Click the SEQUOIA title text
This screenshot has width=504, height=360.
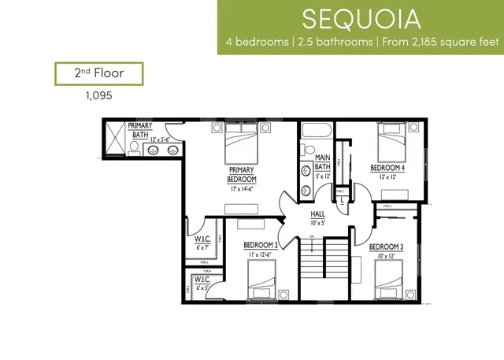[360, 18]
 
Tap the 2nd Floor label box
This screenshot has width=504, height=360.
[98, 74]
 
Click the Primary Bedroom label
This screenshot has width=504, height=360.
[242, 175]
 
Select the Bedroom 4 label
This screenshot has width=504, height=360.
[387, 168]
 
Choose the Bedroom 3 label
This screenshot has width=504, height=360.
[386, 247]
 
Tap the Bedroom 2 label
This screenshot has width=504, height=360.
[261, 245]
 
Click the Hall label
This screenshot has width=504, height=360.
[317, 214]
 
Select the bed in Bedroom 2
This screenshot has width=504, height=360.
[263, 280]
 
